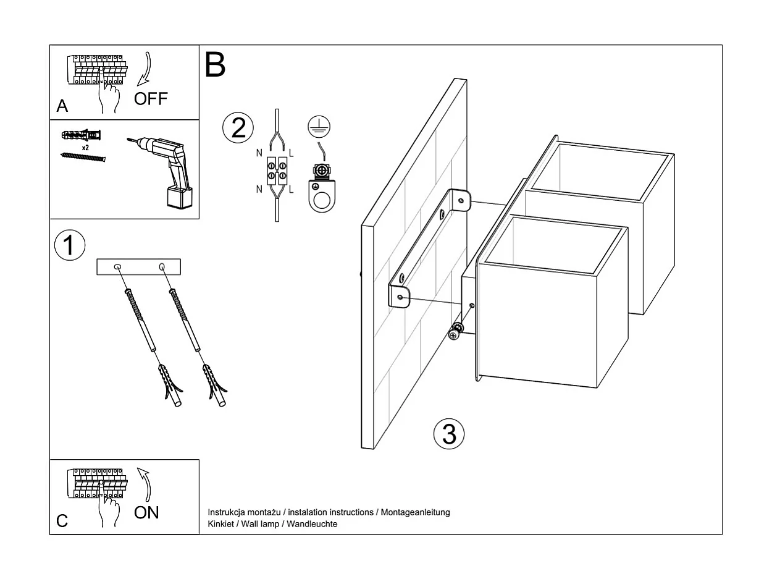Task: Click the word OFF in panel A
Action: click(x=151, y=99)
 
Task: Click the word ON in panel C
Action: click(x=146, y=512)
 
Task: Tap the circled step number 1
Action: click(x=69, y=245)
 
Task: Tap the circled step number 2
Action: click(x=238, y=128)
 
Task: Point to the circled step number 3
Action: click(x=449, y=434)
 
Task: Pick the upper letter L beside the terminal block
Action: click(x=291, y=152)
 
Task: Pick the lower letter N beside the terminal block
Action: click(x=259, y=189)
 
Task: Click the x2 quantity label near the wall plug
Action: click(x=86, y=148)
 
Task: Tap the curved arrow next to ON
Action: click(x=145, y=483)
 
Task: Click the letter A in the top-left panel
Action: click(x=62, y=107)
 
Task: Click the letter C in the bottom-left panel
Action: click(x=62, y=521)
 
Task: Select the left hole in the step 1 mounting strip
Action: click(x=117, y=266)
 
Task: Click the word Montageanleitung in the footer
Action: click(x=415, y=512)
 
